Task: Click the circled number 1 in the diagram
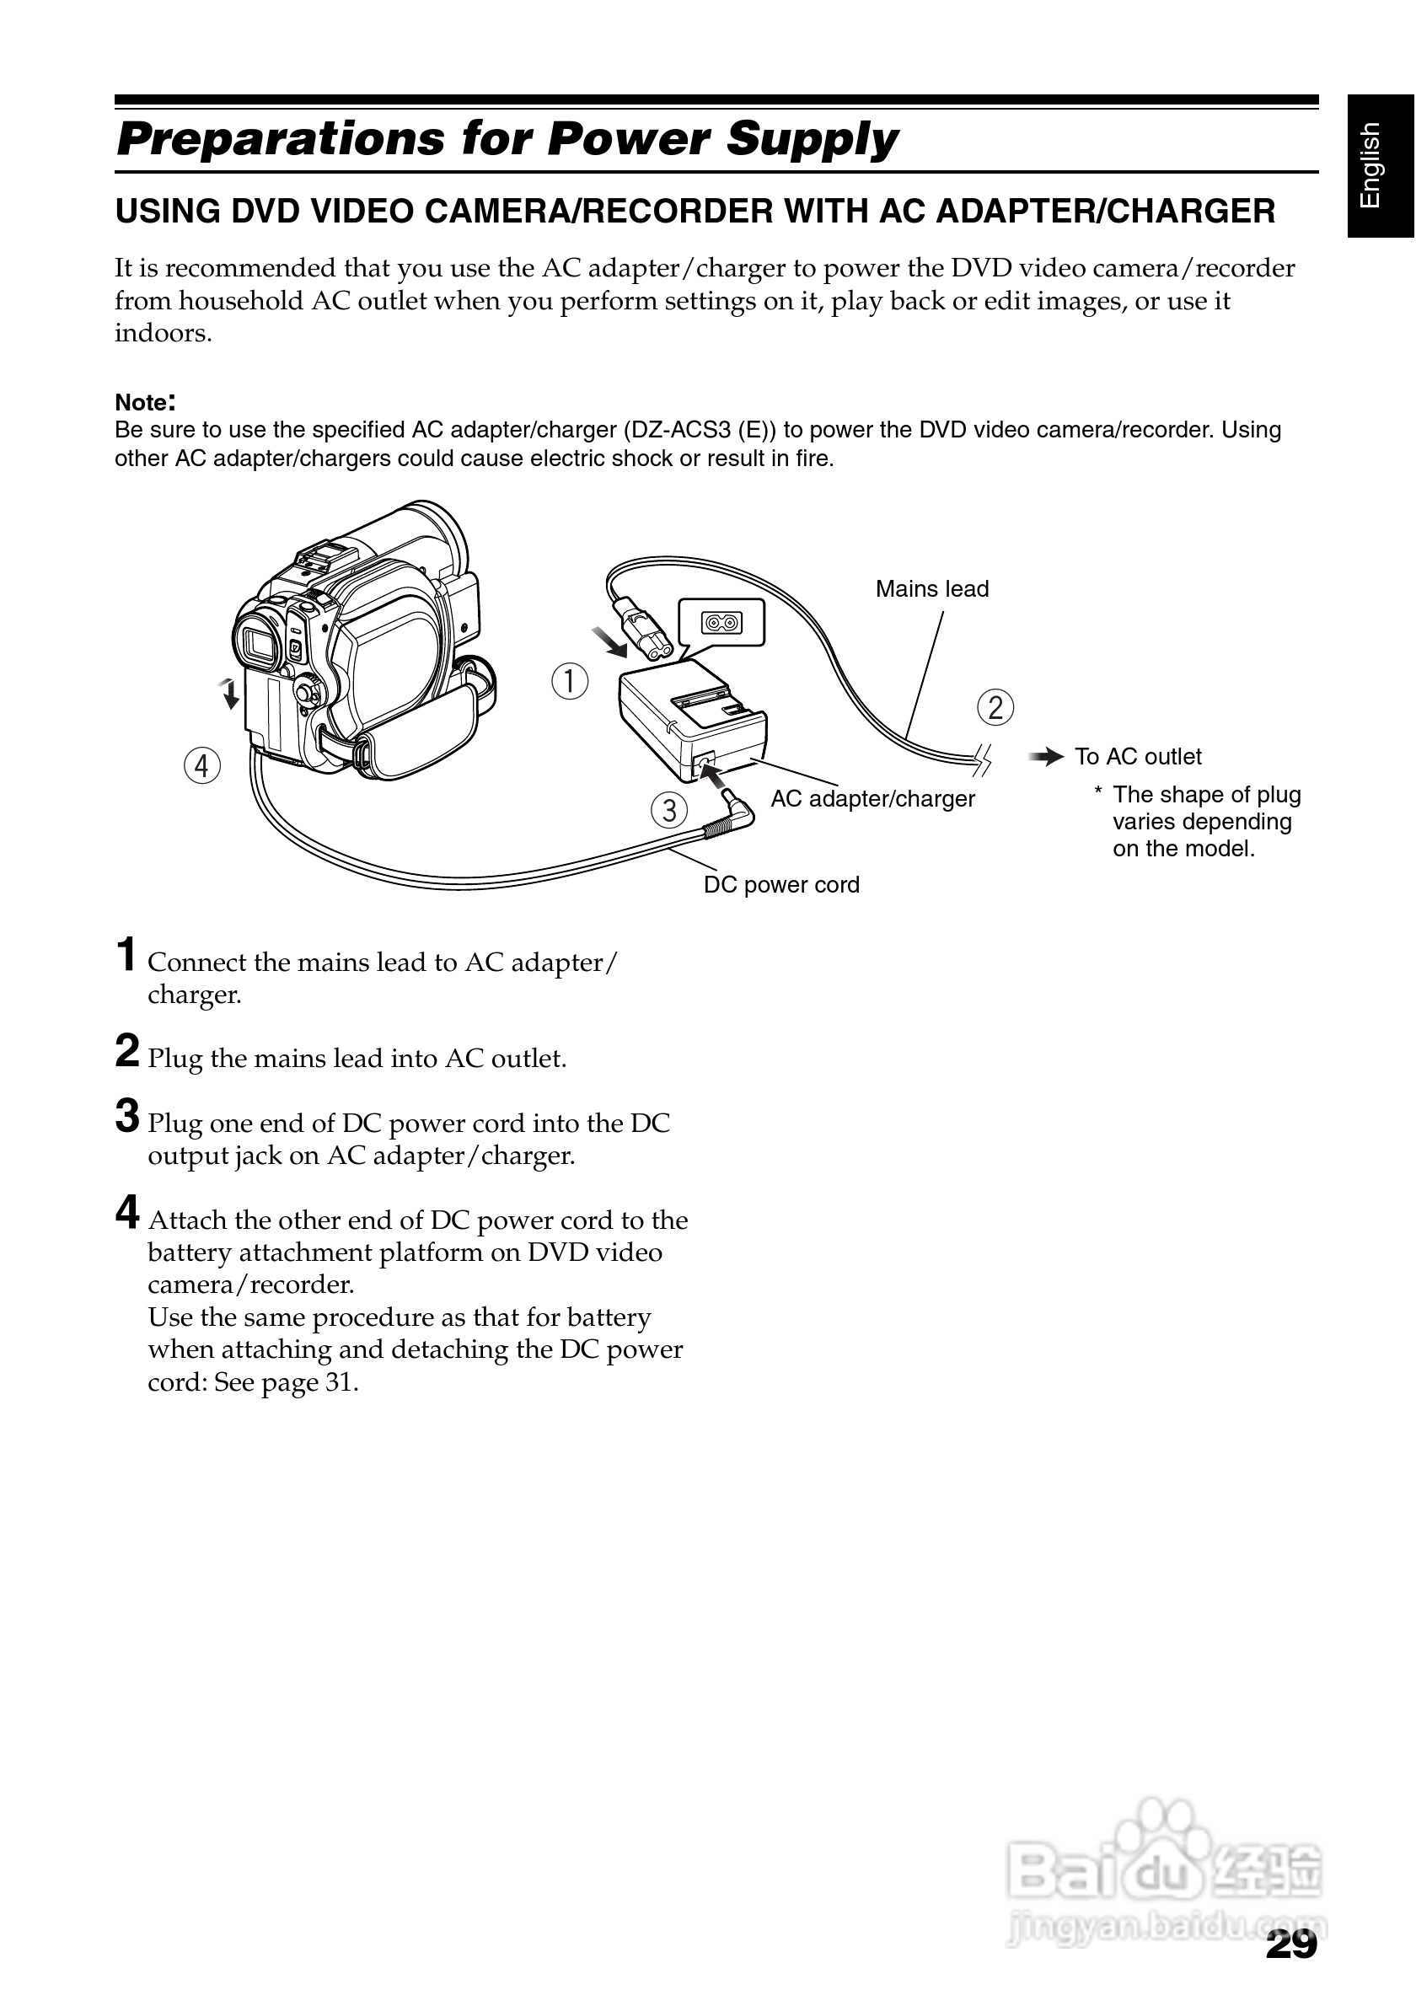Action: pyautogui.click(x=571, y=681)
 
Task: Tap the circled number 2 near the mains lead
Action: pyautogui.click(x=995, y=707)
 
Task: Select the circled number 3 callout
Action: pyautogui.click(x=669, y=810)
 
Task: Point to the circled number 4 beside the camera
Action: pyautogui.click(x=201, y=766)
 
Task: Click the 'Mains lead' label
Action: pyautogui.click(x=931, y=589)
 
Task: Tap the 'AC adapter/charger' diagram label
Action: pyautogui.click(x=872, y=798)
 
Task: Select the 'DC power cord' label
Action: pyautogui.click(x=781, y=884)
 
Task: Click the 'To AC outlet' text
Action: pyautogui.click(x=1137, y=757)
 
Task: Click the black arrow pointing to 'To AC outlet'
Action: pyautogui.click(x=1046, y=758)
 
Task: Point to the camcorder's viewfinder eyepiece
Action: pyautogui.click(x=260, y=643)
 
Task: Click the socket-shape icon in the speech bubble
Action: pyautogui.click(x=721, y=623)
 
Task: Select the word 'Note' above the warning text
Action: pyautogui.click(x=142, y=403)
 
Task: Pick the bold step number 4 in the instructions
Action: pyautogui.click(x=127, y=1213)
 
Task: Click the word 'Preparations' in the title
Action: pyautogui.click(x=281, y=140)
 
